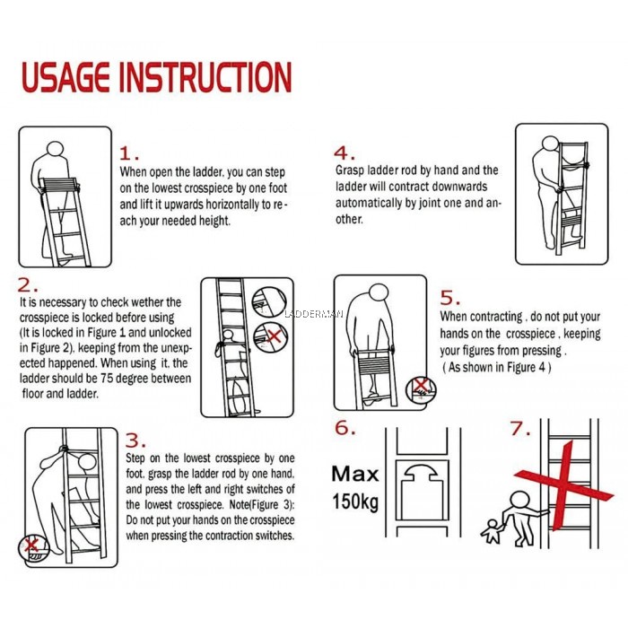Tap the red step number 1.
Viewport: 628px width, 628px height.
[131, 153]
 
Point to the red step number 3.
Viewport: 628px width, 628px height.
[135, 440]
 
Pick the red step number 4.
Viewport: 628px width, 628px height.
[345, 153]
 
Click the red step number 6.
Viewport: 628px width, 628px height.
[345, 428]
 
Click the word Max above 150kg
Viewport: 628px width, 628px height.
[354, 473]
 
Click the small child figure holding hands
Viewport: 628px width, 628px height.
[492, 531]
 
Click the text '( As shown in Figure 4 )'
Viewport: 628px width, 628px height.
[499, 368]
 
